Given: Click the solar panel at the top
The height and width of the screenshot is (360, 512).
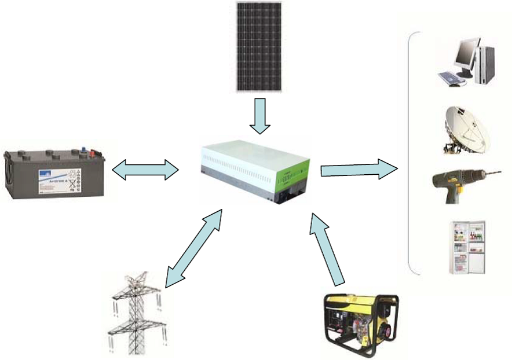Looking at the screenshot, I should pyautogui.click(x=259, y=46).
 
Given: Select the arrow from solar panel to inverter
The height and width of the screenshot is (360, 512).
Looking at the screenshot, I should pyautogui.click(x=259, y=116).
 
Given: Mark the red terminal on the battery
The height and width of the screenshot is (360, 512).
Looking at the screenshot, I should pyautogui.click(x=90, y=153).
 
